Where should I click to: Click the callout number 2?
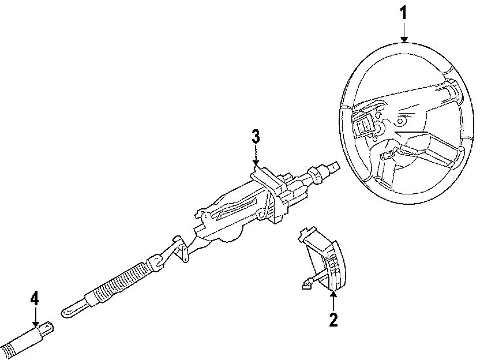pyautogui.click(x=332, y=318)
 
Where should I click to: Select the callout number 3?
pyautogui.click(x=256, y=138)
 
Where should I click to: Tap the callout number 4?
pyautogui.click(x=35, y=299)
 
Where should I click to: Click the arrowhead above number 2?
pyautogui.click(x=332, y=295)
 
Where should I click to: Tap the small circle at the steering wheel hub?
pyautogui.click(x=399, y=122)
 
